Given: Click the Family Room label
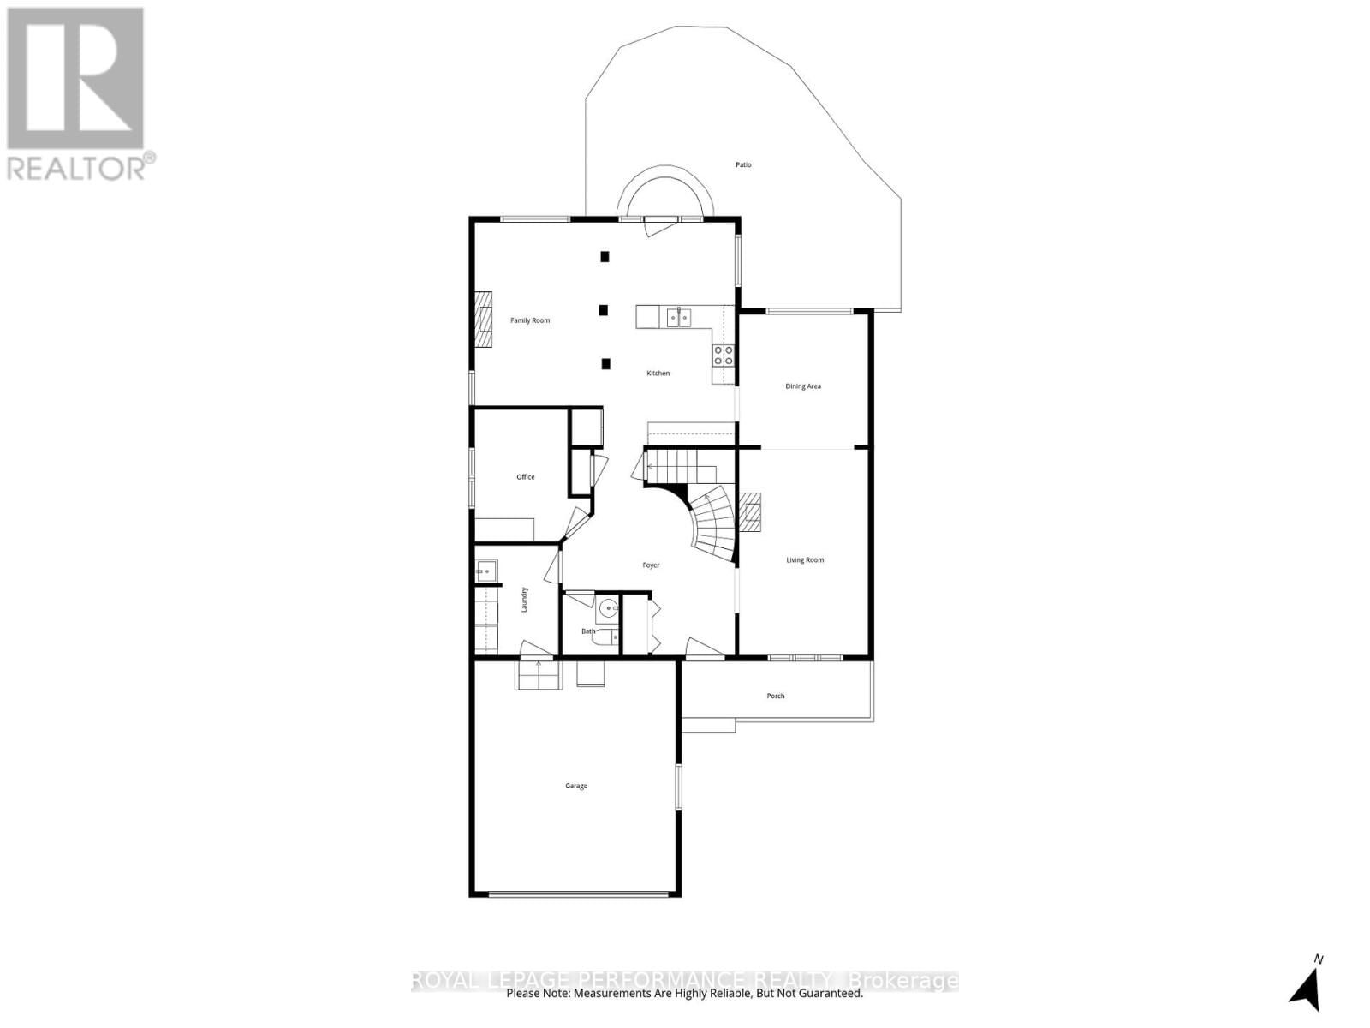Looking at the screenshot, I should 530,320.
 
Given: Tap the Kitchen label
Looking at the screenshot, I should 658,374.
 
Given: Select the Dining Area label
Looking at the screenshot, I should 803,386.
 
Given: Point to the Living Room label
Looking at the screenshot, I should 805,560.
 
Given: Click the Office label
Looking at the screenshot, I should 526,477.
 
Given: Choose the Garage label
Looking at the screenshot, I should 576,786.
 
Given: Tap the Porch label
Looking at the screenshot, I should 776,696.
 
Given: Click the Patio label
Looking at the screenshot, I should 743,164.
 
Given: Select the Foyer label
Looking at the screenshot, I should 652,565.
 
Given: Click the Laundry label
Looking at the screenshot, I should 524,599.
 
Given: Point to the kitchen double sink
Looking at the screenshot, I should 679,318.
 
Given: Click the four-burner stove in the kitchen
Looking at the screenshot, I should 723,356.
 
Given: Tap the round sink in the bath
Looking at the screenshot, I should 608,609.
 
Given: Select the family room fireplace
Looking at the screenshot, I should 485,319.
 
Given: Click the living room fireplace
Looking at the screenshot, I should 750,512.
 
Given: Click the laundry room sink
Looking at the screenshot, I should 486,570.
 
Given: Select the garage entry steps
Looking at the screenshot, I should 538,675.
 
